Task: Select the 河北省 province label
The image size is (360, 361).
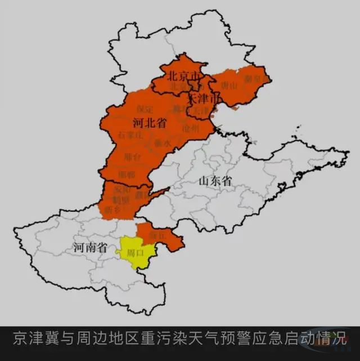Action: [x=149, y=122]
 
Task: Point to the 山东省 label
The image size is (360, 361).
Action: [x=215, y=181]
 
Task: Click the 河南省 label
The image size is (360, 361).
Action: [x=90, y=247]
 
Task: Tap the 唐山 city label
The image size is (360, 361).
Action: [x=229, y=86]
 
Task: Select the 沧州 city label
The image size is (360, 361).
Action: [x=191, y=129]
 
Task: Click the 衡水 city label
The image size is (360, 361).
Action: [x=162, y=143]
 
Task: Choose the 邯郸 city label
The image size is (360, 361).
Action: [x=128, y=174]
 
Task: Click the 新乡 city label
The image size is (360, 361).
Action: [x=112, y=210]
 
